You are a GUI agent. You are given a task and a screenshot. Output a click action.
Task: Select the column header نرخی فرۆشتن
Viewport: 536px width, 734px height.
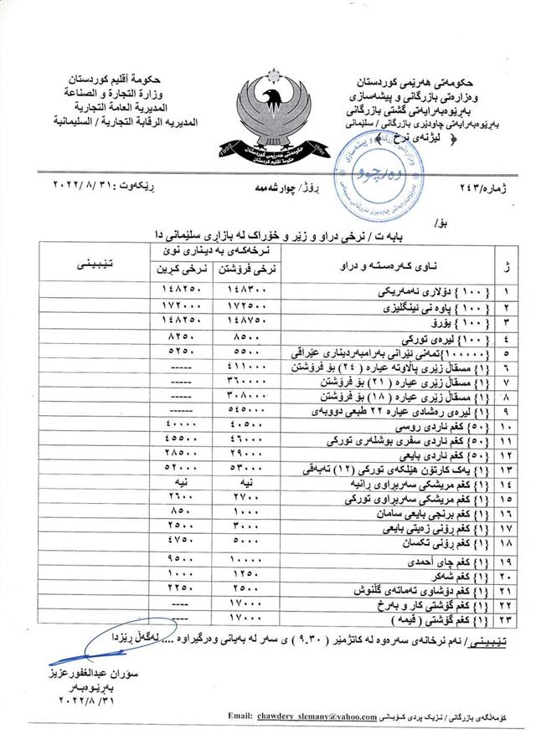tap(253, 270)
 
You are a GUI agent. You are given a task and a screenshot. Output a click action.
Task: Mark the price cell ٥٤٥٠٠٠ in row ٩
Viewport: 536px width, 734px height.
tap(253, 412)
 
